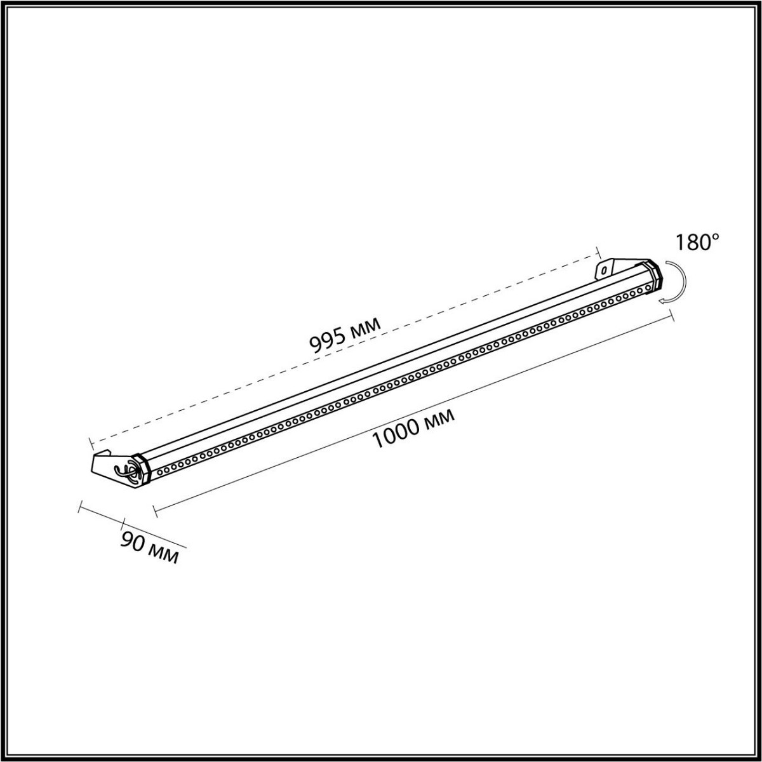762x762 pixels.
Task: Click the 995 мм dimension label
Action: [x=345, y=334]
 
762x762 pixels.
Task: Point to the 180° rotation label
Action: [x=697, y=243]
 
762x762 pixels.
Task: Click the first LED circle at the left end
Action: [x=159, y=471]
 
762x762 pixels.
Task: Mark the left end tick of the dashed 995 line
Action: [x=90, y=441]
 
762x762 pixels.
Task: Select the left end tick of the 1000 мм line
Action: [x=154, y=509]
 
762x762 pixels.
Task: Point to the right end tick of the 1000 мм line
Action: [x=672, y=316]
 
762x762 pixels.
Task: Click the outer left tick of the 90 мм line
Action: [x=79, y=506]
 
